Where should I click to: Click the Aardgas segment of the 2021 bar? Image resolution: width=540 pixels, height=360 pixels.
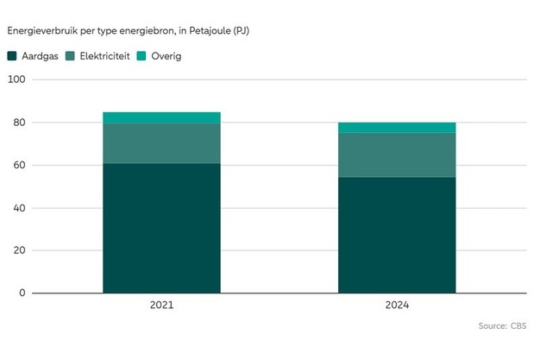click(161, 228)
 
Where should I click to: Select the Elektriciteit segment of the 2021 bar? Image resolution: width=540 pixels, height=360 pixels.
click(161, 143)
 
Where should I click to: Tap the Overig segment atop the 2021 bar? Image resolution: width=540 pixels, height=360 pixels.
click(161, 118)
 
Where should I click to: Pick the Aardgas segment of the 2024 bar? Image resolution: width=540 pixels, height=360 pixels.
click(397, 235)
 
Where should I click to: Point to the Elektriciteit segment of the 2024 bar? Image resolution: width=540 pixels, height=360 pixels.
click(397, 155)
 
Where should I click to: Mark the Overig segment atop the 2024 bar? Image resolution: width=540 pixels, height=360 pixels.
click(397, 128)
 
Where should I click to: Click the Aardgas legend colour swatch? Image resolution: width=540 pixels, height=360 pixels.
click(12, 56)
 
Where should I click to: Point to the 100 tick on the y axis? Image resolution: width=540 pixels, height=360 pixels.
click(17, 79)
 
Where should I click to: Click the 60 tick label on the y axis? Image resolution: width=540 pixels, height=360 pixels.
click(20, 165)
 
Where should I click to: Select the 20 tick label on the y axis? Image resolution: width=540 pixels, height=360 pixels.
click(20, 250)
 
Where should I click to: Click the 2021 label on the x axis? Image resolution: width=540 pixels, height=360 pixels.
click(161, 306)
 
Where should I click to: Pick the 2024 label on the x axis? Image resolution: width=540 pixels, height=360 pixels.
click(397, 306)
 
